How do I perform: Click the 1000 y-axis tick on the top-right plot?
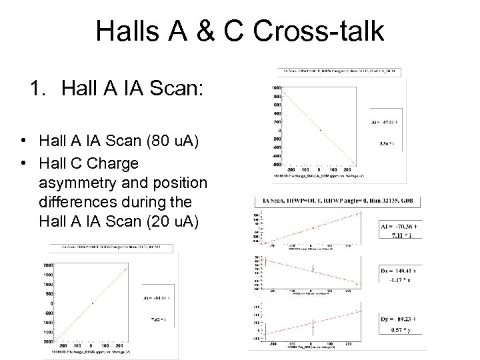[275, 87]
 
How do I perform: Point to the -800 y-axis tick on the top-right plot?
[274, 164]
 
